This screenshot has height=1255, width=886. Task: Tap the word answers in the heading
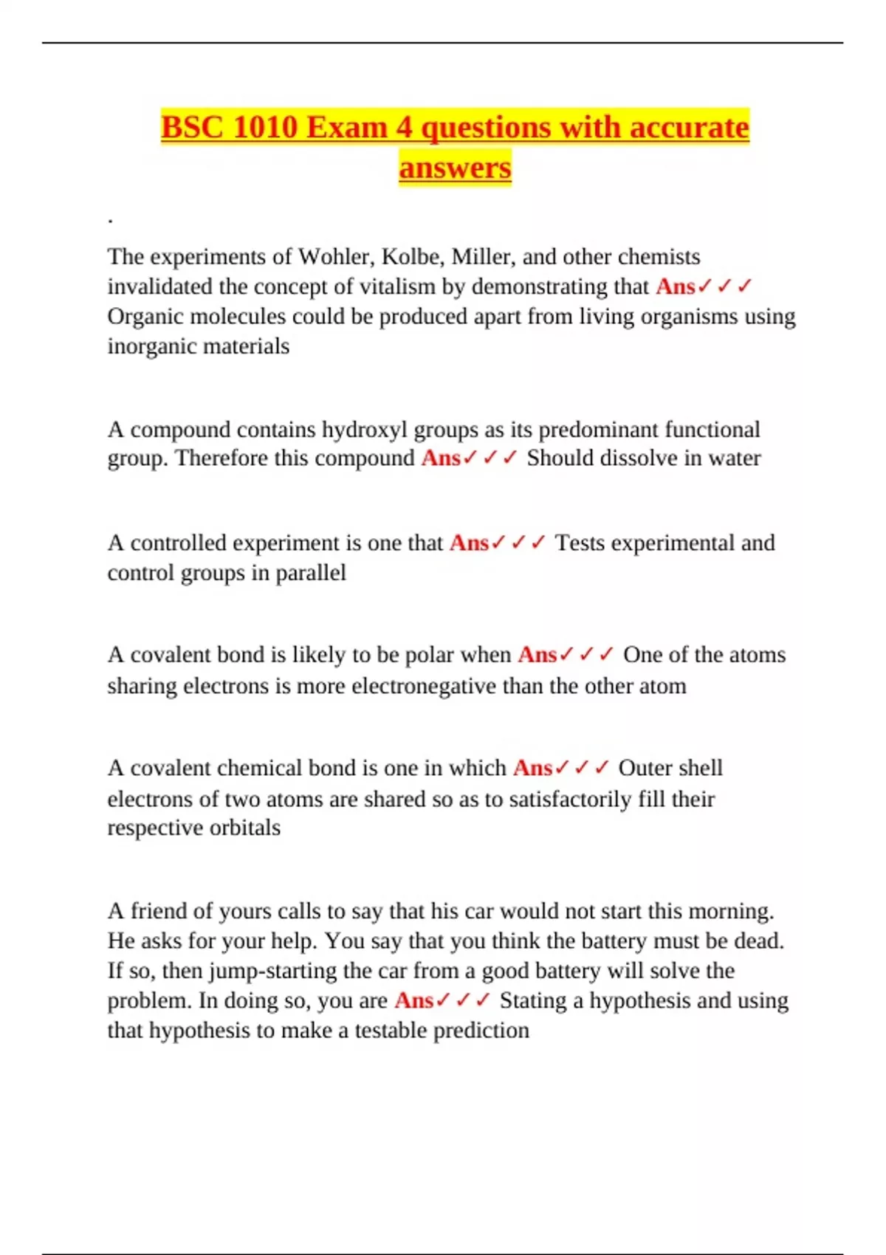click(455, 167)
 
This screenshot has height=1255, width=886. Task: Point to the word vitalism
click(397, 286)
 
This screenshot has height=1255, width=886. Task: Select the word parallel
click(310, 573)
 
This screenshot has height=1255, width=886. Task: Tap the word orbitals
click(244, 828)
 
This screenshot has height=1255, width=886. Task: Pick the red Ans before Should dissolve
click(441, 458)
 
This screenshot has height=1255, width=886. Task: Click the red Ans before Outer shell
click(532, 769)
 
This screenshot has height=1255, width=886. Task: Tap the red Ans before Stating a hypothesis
click(413, 1001)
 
